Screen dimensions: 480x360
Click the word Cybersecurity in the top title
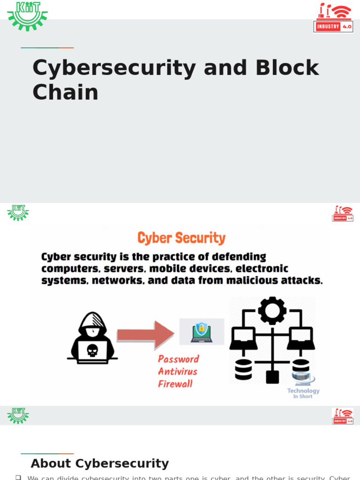click(114, 68)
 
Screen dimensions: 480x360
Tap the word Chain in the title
click(65, 92)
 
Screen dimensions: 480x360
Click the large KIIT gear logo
click(27, 16)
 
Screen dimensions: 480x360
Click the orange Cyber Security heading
click(181, 238)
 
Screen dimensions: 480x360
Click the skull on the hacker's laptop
click(92, 350)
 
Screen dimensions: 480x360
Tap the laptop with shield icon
click(202, 332)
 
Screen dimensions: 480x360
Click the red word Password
click(179, 359)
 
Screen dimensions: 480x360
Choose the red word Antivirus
click(178, 372)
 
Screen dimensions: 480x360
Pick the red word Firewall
click(175, 384)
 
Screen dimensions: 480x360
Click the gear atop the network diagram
click(272, 310)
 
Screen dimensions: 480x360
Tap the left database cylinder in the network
click(243, 369)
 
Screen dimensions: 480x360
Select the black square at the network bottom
click(272, 376)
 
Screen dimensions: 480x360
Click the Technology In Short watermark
click(303, 393)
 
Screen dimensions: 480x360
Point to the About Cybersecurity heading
click(99, 464)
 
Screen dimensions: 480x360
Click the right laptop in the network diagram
click(300, 338)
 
